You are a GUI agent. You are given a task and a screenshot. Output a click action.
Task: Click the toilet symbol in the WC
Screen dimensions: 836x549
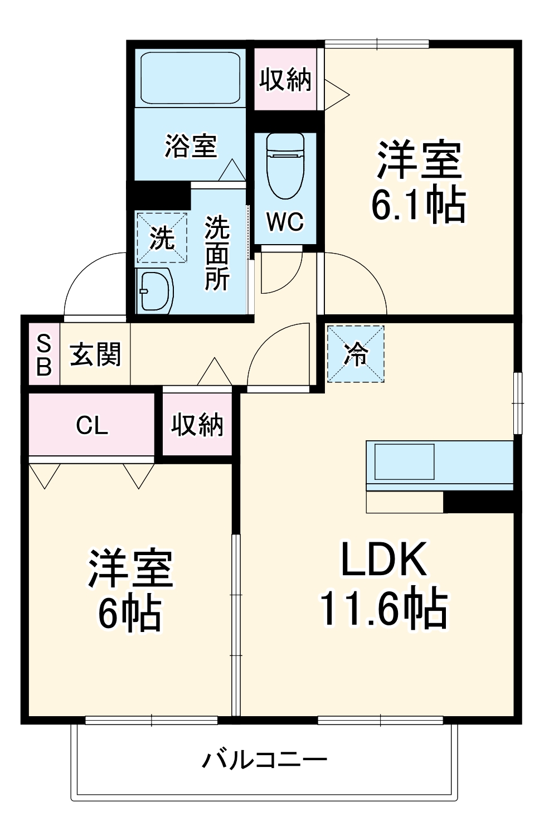click(285, 165)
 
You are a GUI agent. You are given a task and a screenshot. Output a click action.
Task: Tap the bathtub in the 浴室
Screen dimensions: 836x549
click(190, 77)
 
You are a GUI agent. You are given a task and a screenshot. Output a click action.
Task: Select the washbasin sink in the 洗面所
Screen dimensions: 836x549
click(154, 290)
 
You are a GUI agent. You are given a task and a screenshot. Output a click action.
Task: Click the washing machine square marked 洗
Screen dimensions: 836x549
click(162, 238)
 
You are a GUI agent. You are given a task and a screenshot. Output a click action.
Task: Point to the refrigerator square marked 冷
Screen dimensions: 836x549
click(356, 354)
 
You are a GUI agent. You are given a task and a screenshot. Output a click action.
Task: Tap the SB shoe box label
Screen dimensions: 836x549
click(43, 355)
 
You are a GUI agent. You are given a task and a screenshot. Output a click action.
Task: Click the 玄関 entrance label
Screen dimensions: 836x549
click(95, 355)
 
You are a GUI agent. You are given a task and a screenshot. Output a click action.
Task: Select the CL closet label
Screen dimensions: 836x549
click(92, 426)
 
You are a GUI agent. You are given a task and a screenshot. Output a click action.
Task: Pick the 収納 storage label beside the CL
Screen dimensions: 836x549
click(197, 425)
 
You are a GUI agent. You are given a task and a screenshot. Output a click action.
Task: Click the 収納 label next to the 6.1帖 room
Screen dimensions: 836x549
click(285, 80)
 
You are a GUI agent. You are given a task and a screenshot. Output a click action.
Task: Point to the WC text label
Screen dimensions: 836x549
click(285, 222)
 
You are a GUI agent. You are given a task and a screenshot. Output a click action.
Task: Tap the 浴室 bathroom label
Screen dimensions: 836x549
click(190, 145)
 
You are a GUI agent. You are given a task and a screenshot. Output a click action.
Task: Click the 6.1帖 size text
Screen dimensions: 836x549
click(419, 205)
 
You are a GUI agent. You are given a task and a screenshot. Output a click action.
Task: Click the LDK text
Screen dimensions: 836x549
click(383, 560)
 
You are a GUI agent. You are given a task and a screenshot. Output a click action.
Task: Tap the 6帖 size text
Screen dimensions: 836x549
click(130, 614)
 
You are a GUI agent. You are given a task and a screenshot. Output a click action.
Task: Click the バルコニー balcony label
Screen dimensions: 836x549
click(264, 759)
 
